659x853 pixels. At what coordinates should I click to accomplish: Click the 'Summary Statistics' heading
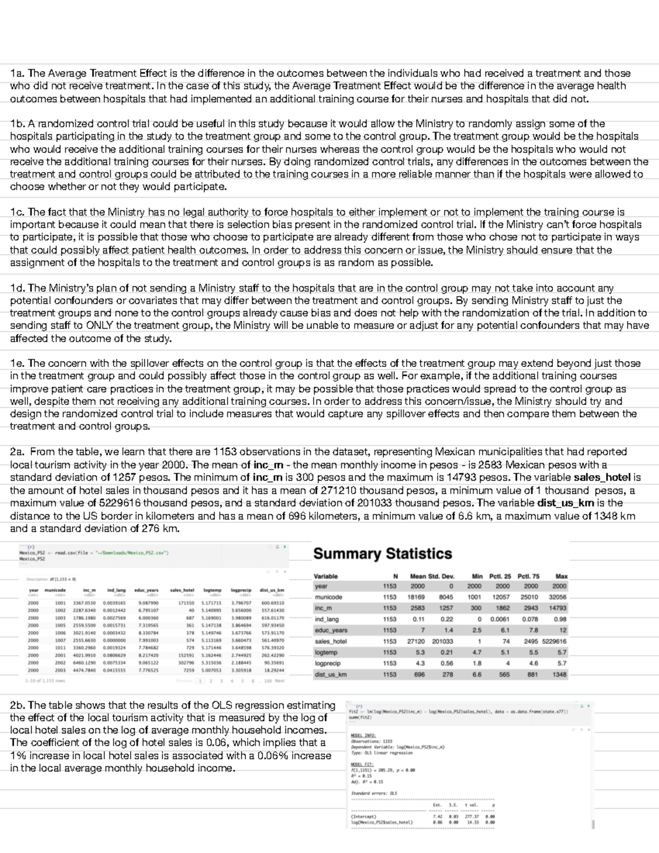[382, 554]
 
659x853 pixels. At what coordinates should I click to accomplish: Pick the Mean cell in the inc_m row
[417, 608]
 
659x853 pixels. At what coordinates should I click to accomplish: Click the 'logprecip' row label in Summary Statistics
[327, 664]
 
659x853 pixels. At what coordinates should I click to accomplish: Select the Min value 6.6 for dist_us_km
[476, 674]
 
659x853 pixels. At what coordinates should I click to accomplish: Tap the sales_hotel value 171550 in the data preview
[186, 603]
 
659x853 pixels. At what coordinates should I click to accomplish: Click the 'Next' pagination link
[280, 681]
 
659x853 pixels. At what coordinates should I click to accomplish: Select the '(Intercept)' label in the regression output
[362, 816]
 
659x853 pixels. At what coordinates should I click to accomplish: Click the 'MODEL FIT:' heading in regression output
[361, 764]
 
